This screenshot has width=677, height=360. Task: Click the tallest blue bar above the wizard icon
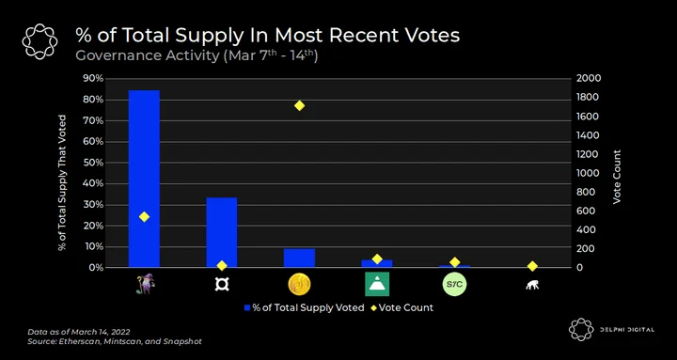[x=144, y=179]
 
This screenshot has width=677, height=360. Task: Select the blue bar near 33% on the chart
[x=222, y=232]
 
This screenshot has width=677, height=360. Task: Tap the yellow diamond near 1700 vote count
[x=299, y=106]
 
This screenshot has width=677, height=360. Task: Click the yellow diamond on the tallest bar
[x=144, y=217]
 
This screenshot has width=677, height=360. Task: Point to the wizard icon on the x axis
[x=145, y=284]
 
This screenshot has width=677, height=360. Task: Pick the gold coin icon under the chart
[x=299, y=285]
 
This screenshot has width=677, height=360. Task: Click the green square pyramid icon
[x=377, y=284]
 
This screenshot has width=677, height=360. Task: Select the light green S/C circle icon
[x=455, y=285]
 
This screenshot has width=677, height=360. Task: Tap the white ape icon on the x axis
[x=532, y=285]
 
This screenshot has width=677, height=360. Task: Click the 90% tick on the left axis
[x=93, y=79]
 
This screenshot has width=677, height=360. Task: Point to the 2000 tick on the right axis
[x=588, y=79]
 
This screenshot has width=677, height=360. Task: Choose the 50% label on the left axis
[x=93, y=163]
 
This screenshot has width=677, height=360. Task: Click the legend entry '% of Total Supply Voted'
[x=304, y=307]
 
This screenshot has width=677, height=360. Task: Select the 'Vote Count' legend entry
[x=401, y=307]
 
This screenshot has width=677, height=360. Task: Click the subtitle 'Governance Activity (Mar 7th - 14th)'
[x=197, y=56]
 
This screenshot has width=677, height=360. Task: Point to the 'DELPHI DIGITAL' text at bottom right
[x=626, y=330]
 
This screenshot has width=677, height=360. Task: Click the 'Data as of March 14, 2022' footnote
[x=79, y=332]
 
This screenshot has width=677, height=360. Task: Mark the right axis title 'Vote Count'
[x=617, y=177]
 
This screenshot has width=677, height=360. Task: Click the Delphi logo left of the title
[x=39, y=41]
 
